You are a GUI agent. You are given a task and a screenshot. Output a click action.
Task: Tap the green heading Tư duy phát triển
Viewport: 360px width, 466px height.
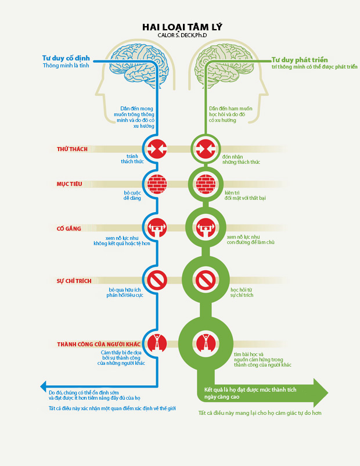[300, 60]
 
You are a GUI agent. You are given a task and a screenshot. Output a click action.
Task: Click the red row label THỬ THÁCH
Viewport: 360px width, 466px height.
[73, 149]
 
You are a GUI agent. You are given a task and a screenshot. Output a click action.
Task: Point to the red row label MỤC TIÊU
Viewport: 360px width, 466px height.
[69, 184]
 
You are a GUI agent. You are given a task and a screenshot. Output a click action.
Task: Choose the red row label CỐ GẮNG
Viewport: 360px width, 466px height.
[69, 229]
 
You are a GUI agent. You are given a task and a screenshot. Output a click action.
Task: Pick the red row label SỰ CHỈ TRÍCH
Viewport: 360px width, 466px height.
[74, 281]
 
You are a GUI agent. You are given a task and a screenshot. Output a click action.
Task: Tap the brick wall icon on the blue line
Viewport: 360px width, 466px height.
[157, 184]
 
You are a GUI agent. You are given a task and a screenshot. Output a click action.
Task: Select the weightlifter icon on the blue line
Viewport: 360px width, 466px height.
[157, 227]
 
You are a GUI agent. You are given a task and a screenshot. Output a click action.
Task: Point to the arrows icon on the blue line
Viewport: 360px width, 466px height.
[157, 149]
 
